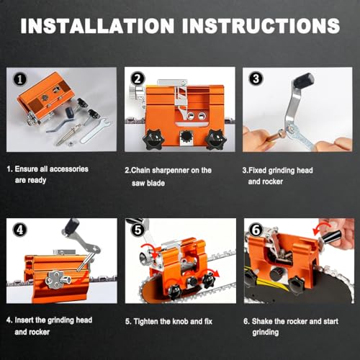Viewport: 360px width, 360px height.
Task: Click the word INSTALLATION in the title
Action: point(97,26)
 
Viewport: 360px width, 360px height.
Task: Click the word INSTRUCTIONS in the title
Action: point(261,26)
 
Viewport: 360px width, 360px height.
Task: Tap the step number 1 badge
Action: point(19,79)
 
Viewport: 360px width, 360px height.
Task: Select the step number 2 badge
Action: point(138,78)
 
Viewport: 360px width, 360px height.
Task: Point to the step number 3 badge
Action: point(256,78)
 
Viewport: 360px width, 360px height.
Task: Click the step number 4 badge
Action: point(19,230)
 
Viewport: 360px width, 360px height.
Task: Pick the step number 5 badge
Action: point(138,230)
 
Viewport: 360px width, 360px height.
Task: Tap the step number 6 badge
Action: point(256,230)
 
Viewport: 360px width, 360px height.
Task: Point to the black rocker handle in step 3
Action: point(304,80)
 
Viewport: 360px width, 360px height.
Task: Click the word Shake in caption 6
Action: point(263,321)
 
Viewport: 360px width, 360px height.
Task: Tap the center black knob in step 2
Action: point(186,137)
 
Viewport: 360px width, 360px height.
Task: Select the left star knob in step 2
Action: point(152,140)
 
